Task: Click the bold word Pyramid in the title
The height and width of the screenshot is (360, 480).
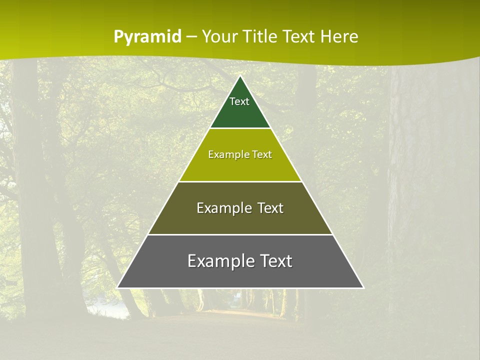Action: click(147, 37)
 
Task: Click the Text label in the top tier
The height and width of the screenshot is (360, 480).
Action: click(239, 101)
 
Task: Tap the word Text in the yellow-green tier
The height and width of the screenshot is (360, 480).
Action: click(262, 154)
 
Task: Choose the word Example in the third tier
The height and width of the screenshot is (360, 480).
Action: click(223, 208)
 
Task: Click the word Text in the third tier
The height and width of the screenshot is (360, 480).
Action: click(270, 208)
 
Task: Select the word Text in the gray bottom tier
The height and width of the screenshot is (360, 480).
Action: click(276, 261)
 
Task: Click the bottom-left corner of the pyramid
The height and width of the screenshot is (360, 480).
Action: click(117, 288)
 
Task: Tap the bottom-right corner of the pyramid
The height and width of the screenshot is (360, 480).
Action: click(363, 288)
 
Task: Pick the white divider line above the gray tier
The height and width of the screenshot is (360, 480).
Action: click(240, 234)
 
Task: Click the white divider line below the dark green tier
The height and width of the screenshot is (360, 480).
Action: click(240, 128)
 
